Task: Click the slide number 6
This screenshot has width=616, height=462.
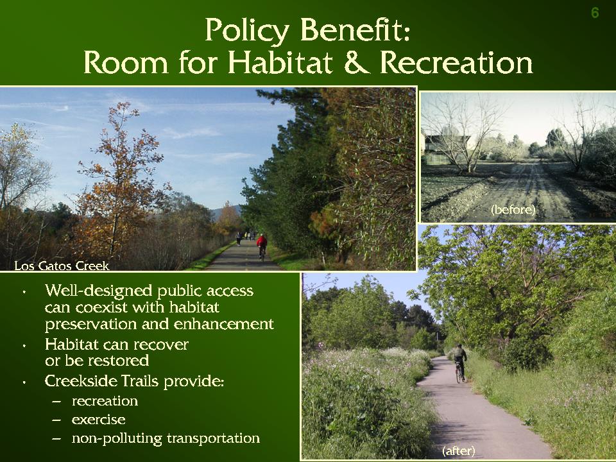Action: pos(595,13)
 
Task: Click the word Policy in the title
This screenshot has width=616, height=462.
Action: pos(247,31)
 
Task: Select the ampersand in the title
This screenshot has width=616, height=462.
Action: pos(356,62)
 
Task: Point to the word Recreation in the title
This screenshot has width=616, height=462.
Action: pos(456,62)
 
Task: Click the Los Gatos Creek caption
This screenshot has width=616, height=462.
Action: pos(62,266)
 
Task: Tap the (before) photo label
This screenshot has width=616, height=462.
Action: pos(513,209)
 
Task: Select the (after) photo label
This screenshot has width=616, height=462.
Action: pos(458,450)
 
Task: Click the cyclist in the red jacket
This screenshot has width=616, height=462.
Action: pos(262,246)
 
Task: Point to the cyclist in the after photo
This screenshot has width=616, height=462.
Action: pos(460,363)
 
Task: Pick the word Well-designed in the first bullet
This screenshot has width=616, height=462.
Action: pos(98,291)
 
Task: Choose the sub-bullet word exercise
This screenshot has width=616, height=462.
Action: pos(99,420)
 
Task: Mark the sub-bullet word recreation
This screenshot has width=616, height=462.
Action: pos(105,401)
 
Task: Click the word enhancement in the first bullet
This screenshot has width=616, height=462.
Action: pos(223,324)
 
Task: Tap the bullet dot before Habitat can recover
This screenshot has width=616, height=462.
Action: pos(24,346)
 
